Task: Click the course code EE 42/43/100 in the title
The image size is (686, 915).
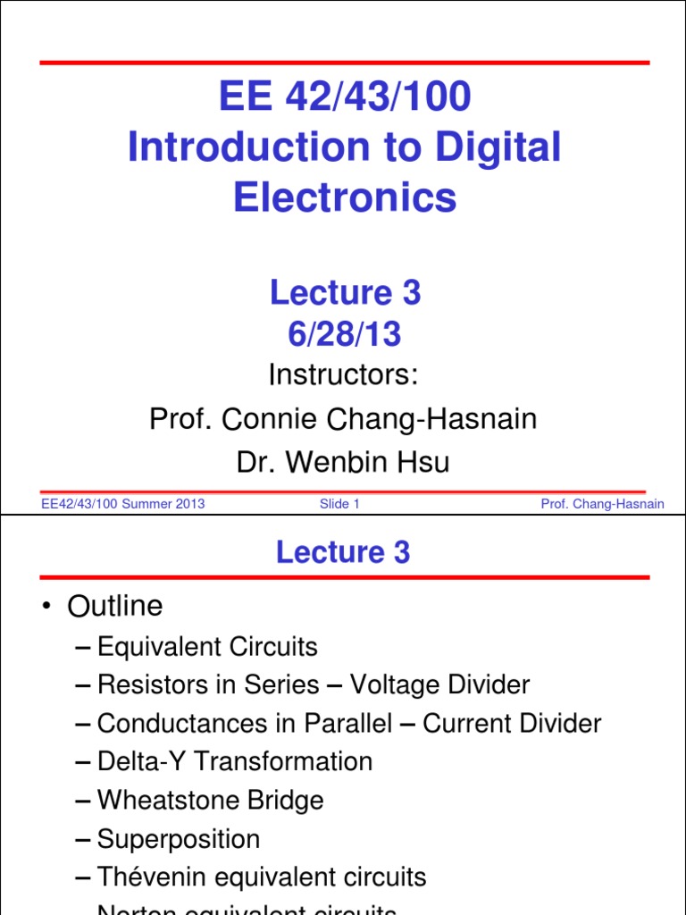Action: click(344, 97)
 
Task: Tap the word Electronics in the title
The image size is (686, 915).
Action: click(345, 197)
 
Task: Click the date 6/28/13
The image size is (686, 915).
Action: click(344, 334)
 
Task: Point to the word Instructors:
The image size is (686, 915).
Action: click(344, 374)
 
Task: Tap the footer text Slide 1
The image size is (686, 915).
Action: click(339, 504)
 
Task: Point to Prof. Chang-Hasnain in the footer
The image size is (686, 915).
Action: click(602, 504)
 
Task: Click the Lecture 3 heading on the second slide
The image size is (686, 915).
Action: click(343, 552)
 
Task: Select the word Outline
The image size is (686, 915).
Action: click(115, 607)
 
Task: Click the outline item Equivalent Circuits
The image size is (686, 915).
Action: click(207, 646)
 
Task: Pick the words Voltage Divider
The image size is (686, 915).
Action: click(439, 685)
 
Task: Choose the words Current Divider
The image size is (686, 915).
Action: click(512, 724)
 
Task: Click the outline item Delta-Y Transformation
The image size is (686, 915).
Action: click(234, 762)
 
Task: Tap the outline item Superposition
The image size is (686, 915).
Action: click(179, 839)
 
